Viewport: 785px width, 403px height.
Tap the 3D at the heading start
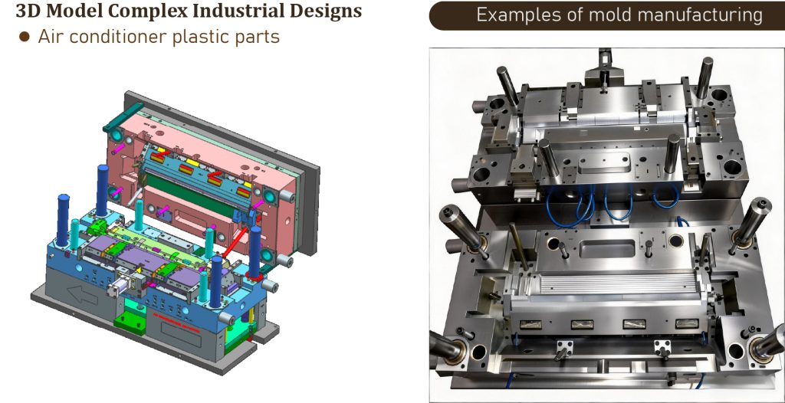tap(26, 10)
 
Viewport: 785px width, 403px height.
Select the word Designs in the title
tap(327, 11)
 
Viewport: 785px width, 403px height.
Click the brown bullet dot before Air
tap(24, 37)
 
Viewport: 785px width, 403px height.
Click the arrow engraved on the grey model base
tap(83, 296)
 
